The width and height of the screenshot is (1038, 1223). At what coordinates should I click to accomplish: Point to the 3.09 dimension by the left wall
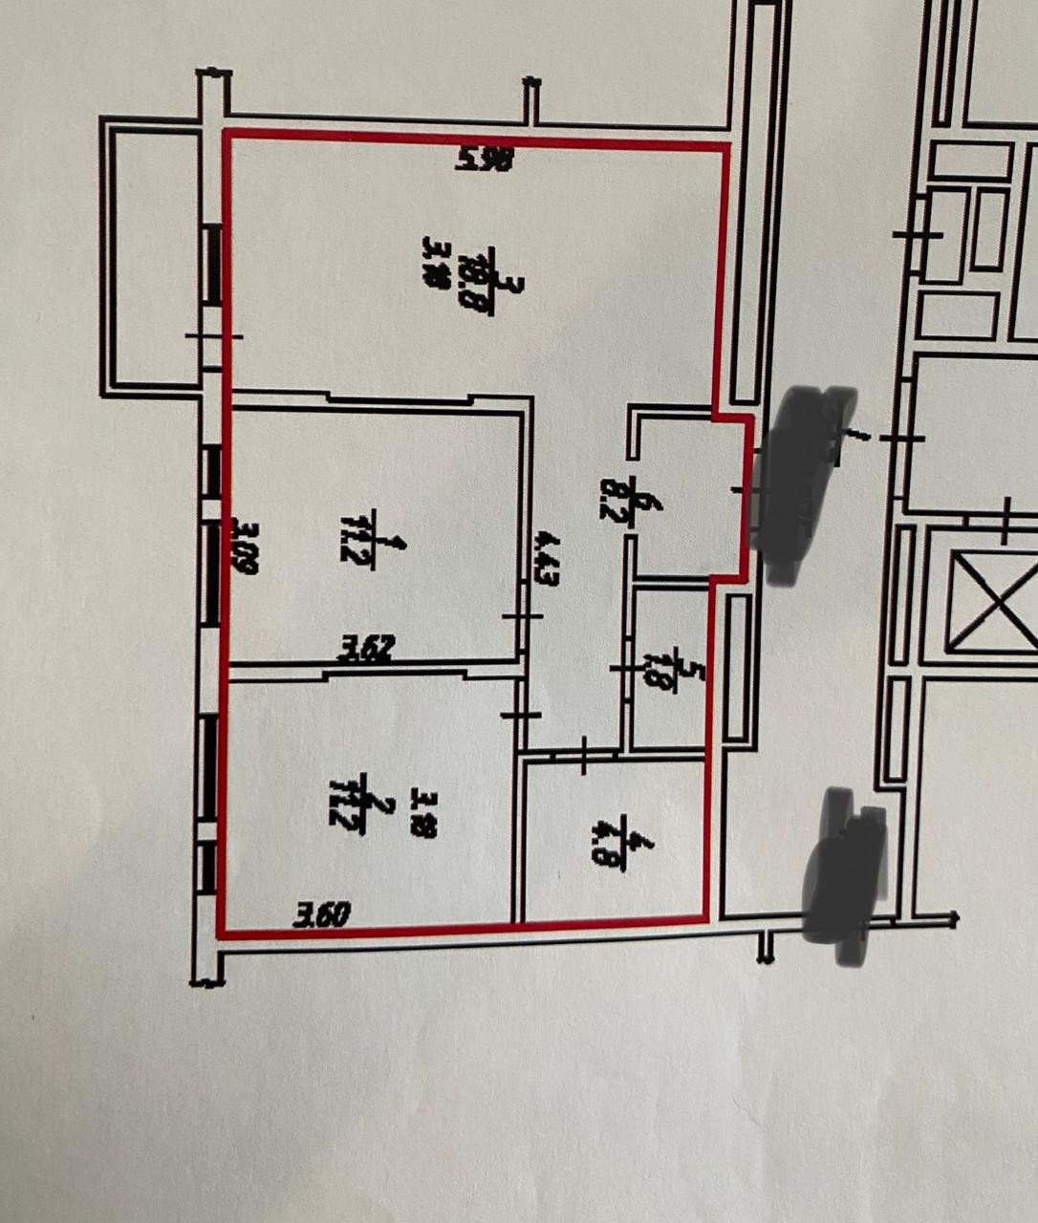point(246,547)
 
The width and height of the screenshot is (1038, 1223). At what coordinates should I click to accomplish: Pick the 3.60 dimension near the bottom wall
point(321,915)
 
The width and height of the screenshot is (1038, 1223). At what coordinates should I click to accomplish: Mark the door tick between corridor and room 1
point(521,616)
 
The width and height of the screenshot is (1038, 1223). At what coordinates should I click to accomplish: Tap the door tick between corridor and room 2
point(521,715)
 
